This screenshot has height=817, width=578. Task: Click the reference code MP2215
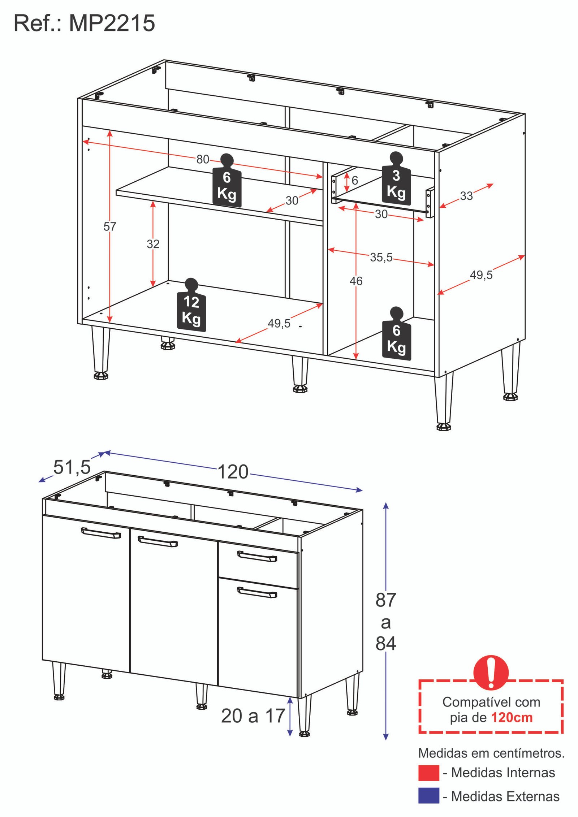coord(112,23)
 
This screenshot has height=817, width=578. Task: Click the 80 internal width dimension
coord(203,159)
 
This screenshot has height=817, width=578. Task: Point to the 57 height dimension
coord(109,227)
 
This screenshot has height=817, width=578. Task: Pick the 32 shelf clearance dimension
coord(153,244)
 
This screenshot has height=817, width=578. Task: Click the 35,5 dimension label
coord(381,258)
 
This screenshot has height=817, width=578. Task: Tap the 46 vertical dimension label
coord(356,281)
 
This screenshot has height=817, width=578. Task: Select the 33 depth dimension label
coord(466,196)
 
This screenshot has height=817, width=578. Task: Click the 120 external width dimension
coord(233,472)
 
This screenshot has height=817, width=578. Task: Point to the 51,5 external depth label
coord(72,467)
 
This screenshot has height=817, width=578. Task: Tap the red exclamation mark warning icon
coord(491,673)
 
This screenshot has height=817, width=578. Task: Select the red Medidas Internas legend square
coord(428,773)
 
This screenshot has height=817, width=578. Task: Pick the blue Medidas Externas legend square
coord(428,796)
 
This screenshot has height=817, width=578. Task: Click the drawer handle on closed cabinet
coord(257,557)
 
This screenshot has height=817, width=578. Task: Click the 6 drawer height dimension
coord(355,181)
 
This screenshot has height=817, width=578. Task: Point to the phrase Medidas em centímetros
coord(491,753)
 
